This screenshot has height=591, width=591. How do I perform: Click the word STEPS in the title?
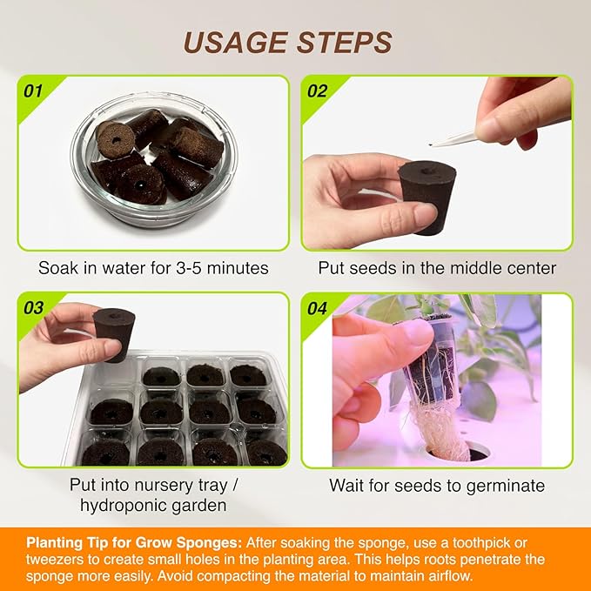(x=343, y=42)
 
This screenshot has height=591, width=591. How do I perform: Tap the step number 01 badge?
(x=33, y=90)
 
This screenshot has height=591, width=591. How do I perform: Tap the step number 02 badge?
(x=317, y=90)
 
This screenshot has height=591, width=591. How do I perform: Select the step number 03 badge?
(x=33, y=307)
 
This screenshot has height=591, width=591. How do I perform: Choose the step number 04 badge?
(x=317, y=307)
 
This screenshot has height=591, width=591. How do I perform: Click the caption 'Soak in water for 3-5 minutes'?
(x=153, y=268)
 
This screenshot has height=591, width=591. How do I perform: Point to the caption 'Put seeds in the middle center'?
(x=437, y=268)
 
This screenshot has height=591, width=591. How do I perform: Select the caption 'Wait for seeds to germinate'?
(x=437, y=486)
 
